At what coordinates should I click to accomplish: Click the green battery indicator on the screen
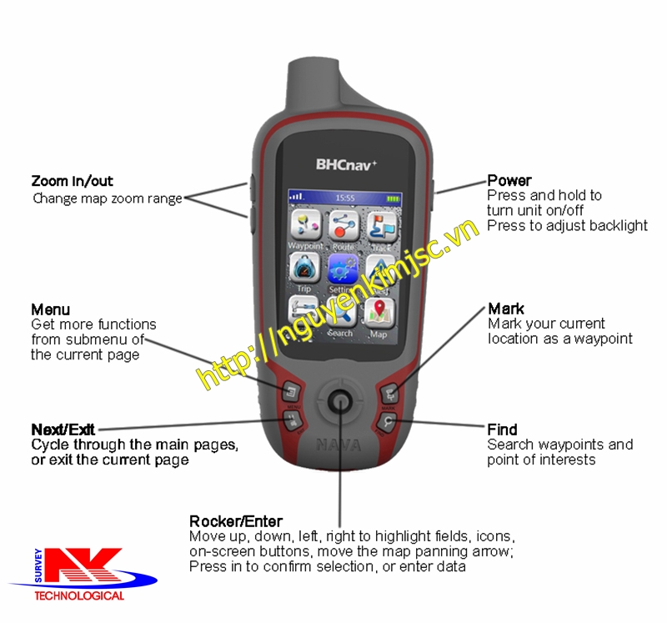[x=394, y=198]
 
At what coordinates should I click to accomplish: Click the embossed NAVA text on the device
[x=339, y=445]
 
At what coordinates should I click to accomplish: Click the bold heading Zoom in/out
[x=72, y=181]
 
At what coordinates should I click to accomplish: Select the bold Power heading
[x=509, y=181]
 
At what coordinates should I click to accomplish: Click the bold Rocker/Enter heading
[x=236, y=521]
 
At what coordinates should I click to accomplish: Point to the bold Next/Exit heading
[x=63, y=430]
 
